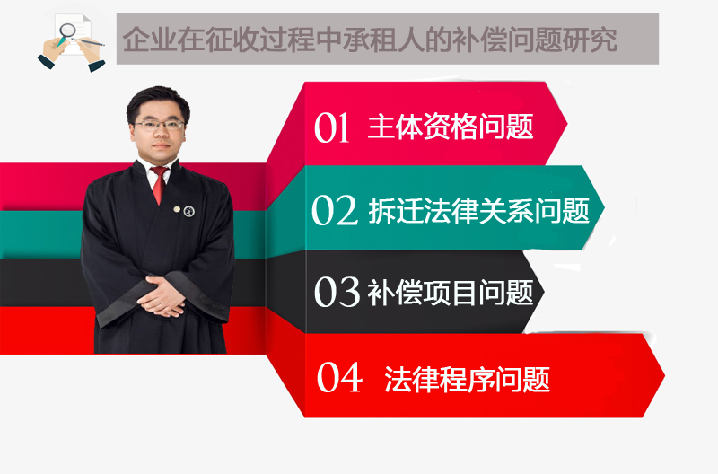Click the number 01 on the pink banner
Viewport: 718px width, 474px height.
click(332, 127)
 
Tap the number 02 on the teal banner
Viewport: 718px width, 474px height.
click(334, 210)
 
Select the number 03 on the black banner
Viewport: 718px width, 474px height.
click(337, 292)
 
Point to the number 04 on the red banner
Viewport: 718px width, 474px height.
click(339, 377)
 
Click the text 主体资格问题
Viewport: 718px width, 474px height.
click(451, 127)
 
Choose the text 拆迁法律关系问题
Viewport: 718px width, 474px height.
click(478, 211)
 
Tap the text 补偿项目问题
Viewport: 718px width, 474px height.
click(451, 292)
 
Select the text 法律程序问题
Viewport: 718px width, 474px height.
click(467, 379)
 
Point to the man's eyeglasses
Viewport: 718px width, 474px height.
click(159, 125)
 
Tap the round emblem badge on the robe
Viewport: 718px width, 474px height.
click(188, 211)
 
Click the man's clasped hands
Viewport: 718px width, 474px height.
click(162, 297)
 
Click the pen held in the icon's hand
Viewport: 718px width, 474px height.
click(88, 42)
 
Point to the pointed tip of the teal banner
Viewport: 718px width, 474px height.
click(604, 207)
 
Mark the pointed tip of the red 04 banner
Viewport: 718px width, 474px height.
click(664, 376)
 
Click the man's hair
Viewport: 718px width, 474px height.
click(158, 101)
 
